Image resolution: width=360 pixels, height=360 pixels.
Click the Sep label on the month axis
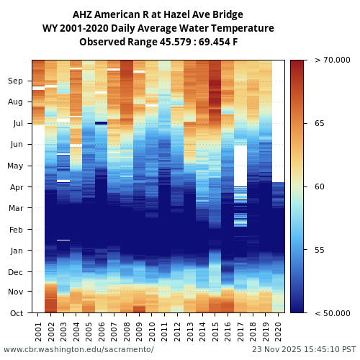(16, 81)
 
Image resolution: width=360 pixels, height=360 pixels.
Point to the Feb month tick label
(16, 230)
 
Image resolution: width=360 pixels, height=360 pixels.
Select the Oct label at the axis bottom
(16, 313)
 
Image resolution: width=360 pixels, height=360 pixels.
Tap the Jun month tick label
(16, 145)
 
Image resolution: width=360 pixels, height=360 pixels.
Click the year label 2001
(38, 331)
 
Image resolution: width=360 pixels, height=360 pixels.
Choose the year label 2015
(215, 331)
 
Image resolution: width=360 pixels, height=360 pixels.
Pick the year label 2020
(278, 331)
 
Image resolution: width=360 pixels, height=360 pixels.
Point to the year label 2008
(127, 331)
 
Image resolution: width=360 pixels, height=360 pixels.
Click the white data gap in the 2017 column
(240, 166)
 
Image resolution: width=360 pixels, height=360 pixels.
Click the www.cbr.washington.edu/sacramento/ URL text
(78, 349)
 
